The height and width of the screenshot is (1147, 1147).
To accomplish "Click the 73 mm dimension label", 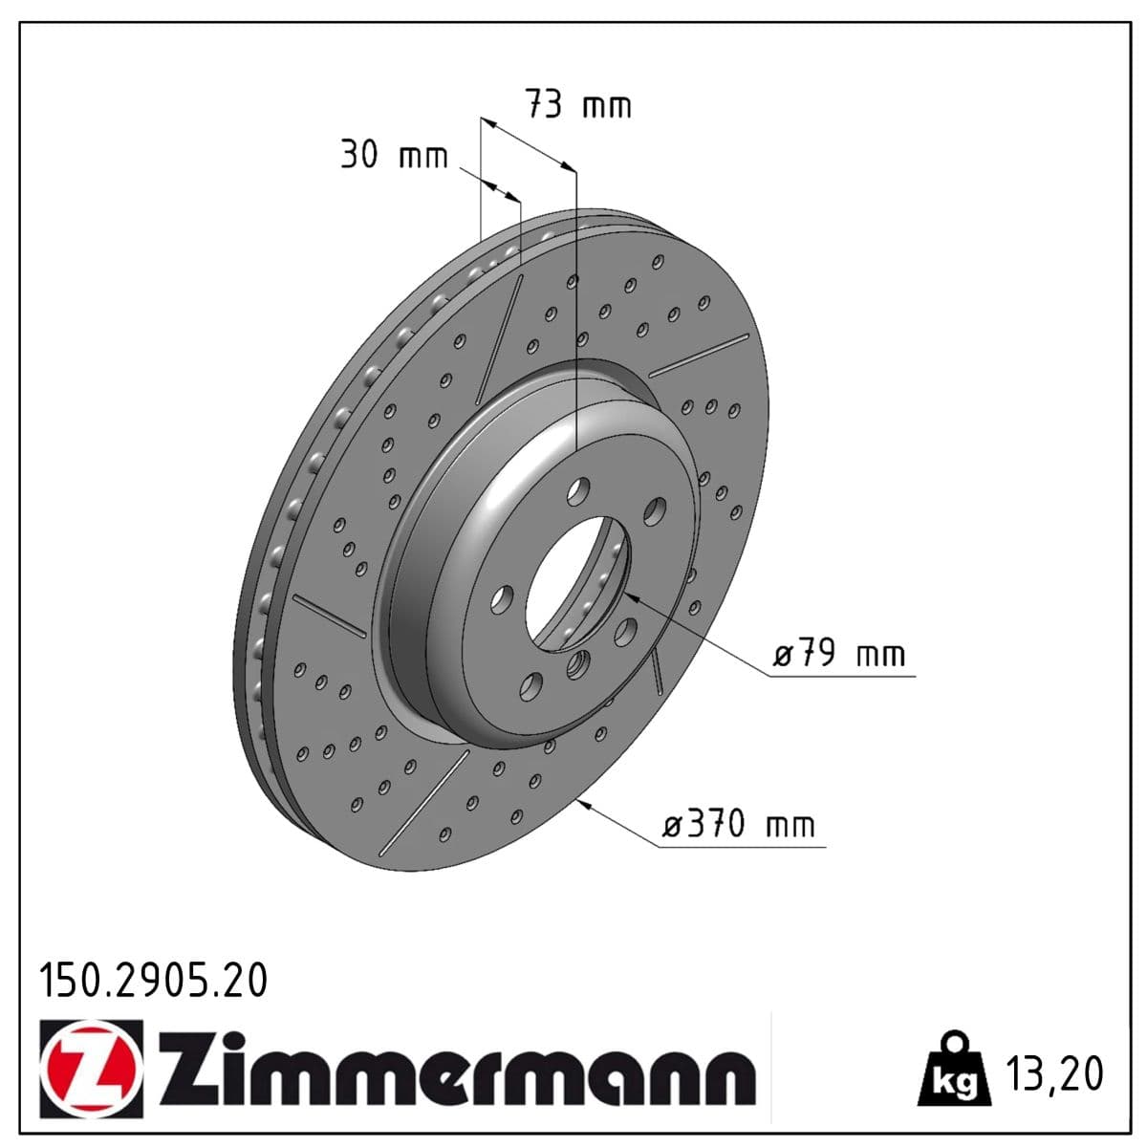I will point(578,104).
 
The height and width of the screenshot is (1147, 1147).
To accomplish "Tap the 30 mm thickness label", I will point(394,154).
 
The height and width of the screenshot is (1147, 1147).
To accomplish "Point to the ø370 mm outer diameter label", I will point(740,824).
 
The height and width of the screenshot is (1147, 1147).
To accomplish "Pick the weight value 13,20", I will point(1054,1073).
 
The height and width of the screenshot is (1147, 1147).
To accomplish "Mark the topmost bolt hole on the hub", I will point(577,492).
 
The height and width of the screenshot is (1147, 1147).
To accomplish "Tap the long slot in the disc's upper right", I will point(699,355).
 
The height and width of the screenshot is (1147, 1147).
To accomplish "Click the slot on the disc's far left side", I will point(329,615).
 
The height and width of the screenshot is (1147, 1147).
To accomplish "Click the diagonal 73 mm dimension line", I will point(528,144).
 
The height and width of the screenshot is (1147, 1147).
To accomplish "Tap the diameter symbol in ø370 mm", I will point(673,826).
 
